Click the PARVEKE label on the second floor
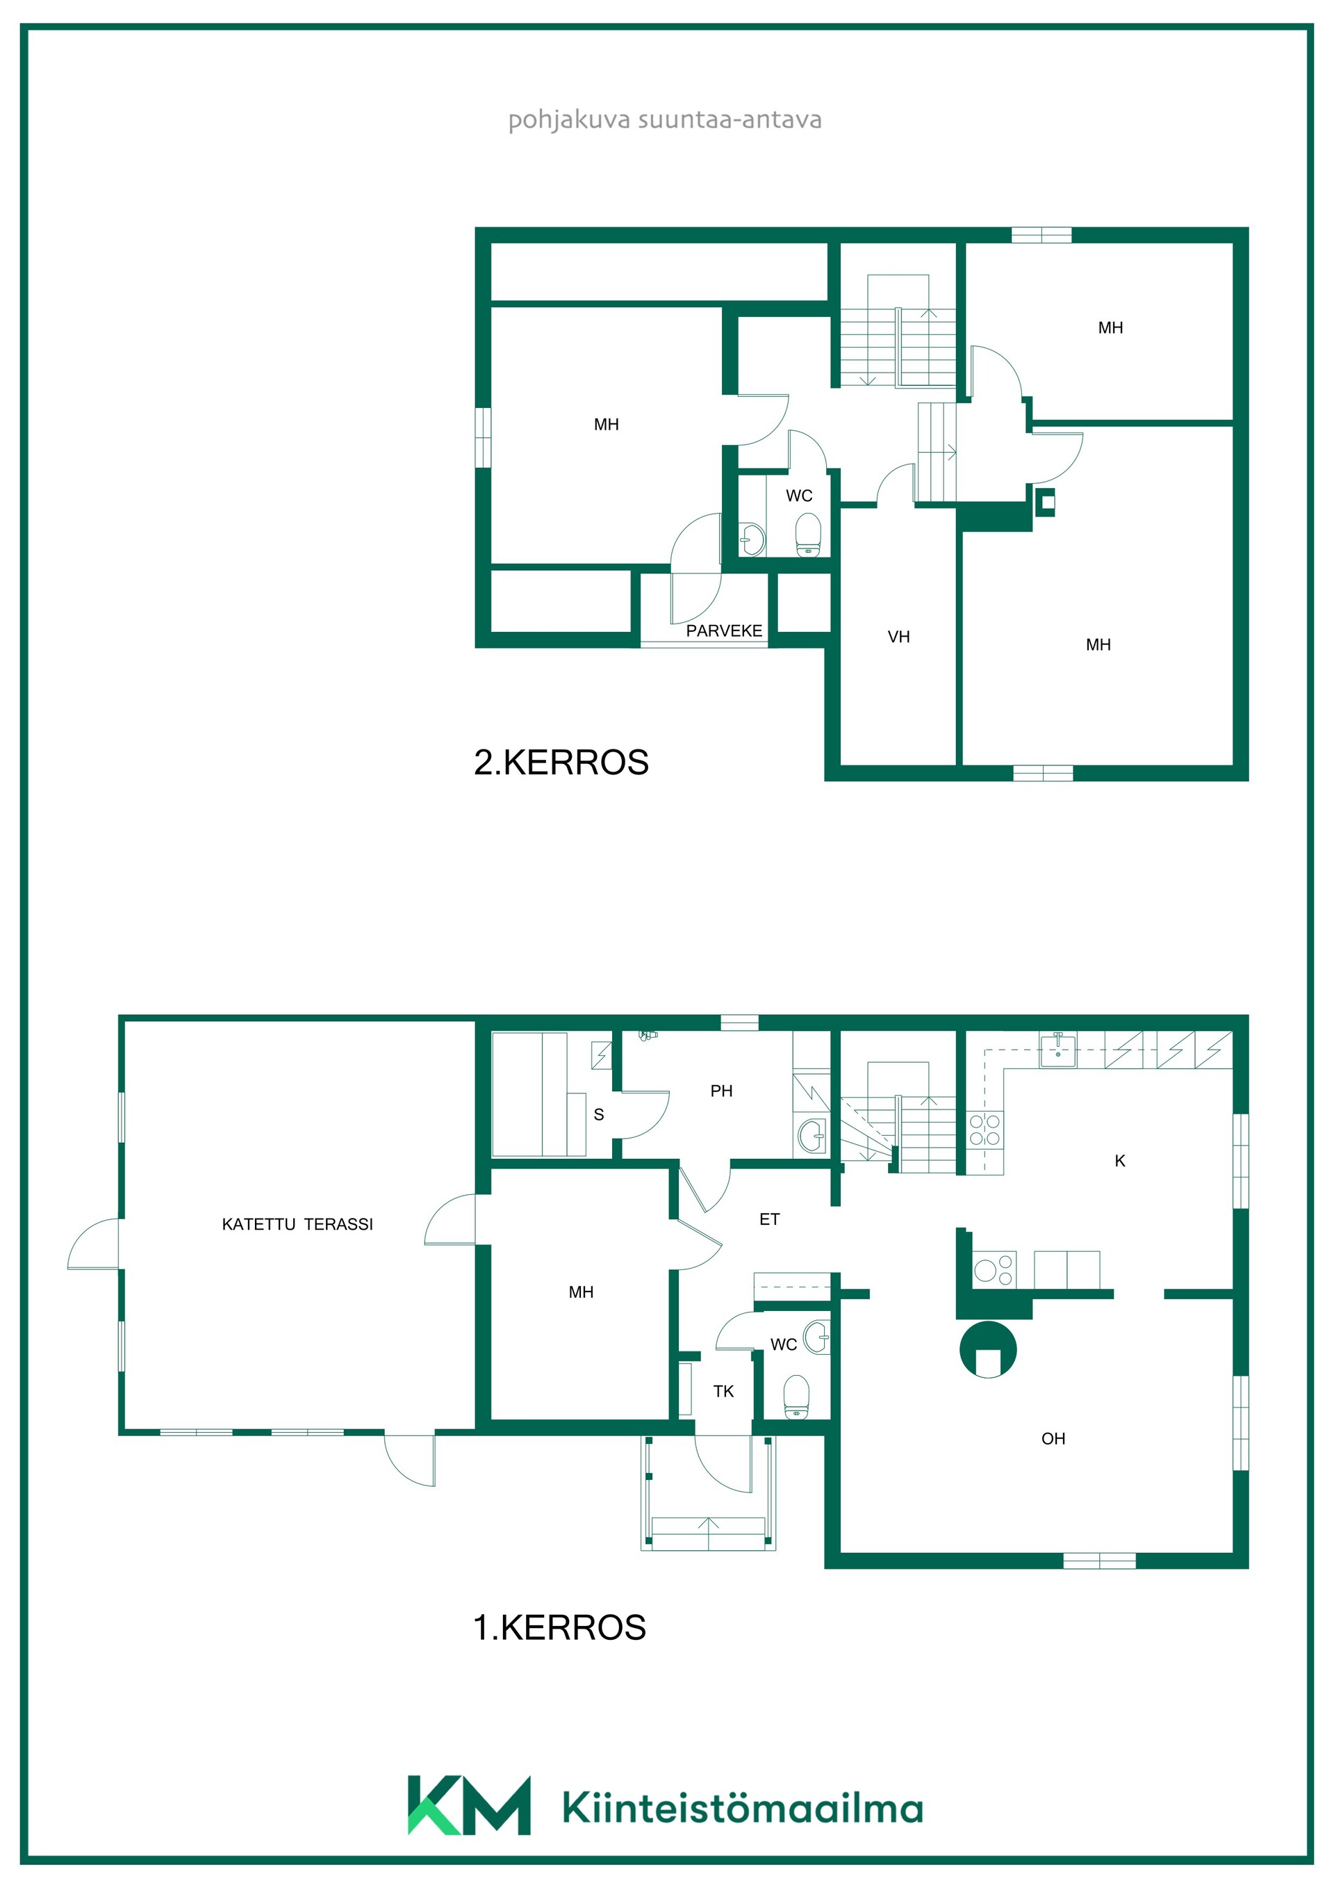(724, 630)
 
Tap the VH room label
(898, 637)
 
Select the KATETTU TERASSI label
(297, 1224)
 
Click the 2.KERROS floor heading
(561, 763)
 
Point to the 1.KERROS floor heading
(560, 1627)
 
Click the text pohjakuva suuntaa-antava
(665, 120)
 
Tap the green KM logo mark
(468, 1805)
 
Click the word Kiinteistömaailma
(743, 1807)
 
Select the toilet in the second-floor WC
(809, 535)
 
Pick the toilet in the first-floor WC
(796, 1397)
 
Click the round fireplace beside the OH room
(988, 1349)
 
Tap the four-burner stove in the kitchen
(985, 1130)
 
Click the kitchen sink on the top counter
(1058, 1050)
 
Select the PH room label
(720, 1091)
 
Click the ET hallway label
(769, 1219)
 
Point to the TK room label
(723, 1392)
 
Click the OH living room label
(1053, 1439)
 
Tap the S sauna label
(598, 1114)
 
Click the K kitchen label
(1119, 1160)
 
